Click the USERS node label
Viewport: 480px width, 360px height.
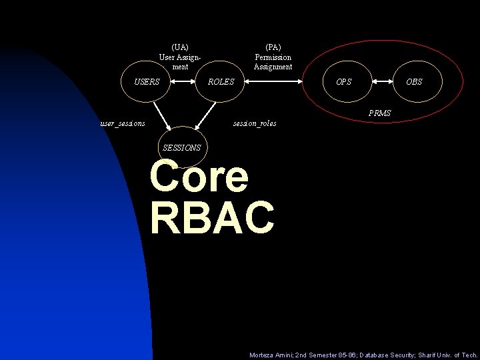pyautogui.click(x=147, y=82)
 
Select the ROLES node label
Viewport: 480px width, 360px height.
pyautogui.click(x=221, y=82)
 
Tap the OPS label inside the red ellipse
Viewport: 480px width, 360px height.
pyautogui.click(x=344, y=82)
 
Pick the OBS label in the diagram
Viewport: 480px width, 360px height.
pyautogui.click(x=414, y=82)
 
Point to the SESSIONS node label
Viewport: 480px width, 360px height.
pyautogui.click(x=181, y=148)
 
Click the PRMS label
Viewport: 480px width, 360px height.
pyautogui.click(x=380, y=114)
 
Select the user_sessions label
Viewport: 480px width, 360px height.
pyautogui.click(x=123, y=123)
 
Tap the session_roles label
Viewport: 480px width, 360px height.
pyautogui.click(x=254, y=123)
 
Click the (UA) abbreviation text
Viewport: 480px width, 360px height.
pyautogui.click(x=180, y=47)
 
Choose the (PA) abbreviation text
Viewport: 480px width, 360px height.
pyautogui.click(x=273, y=47)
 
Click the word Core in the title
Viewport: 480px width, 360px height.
pyautogui.click(x=199, y=177)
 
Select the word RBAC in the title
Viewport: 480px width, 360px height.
pyautogui.click(x=212, y=217)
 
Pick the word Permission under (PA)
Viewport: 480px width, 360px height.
pyautogui.click(x=273, y=57)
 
